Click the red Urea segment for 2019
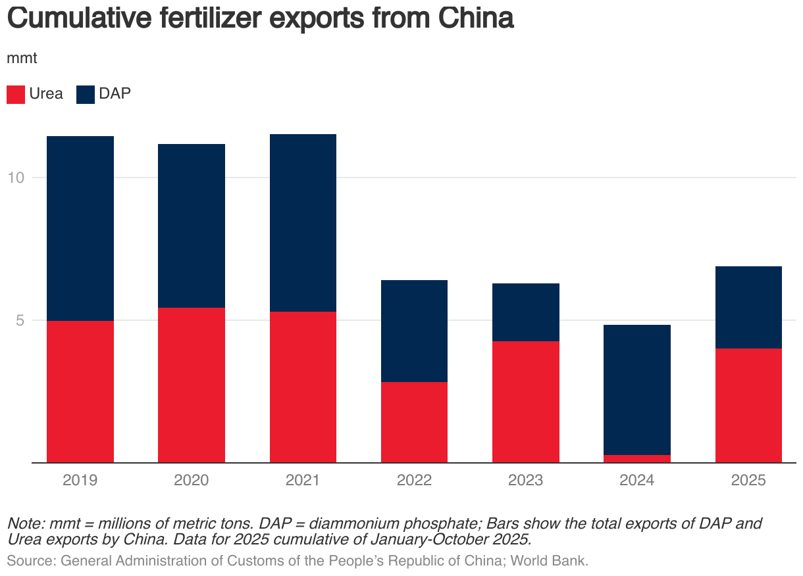(80, 391)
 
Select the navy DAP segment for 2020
(192, 226)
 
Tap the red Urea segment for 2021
(303, 387)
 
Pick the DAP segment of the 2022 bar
(414, 331)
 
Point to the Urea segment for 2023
(526, 402)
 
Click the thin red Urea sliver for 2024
(637, 458)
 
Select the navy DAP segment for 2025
(748, 307)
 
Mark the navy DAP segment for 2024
(637, 389)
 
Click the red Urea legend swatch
(16, 94)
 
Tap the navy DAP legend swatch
(86, 94)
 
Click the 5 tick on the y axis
(20, 321)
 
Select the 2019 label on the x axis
(80, 480)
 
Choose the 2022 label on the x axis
(414, 480)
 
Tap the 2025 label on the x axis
(748, 480)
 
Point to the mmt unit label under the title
(22, 58)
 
